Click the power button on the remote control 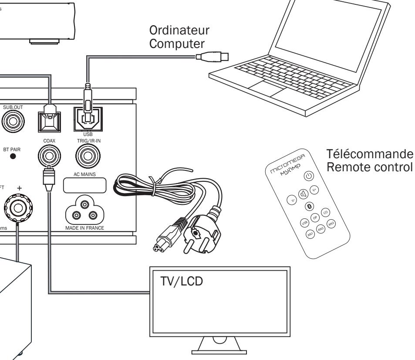point(308,177)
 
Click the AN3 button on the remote point(331,224)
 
